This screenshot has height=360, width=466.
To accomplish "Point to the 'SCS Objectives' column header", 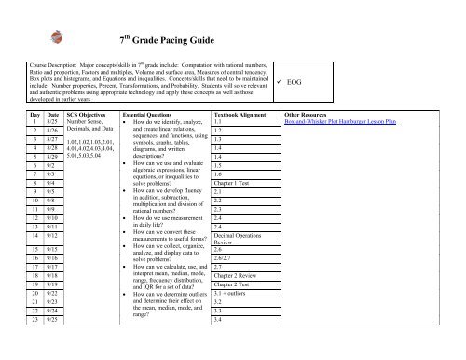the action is pos(79,111).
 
